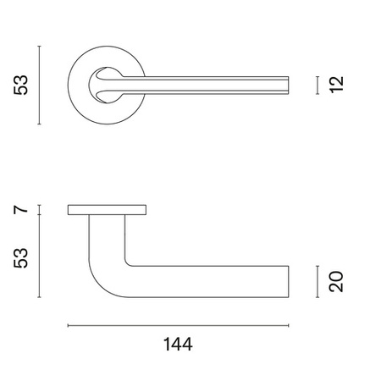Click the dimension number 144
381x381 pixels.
[x=178, y=344]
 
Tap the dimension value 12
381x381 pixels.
[x=337, y=85]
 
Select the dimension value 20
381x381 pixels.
[x=336, y=281]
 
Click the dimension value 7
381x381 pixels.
[x=21, y=209]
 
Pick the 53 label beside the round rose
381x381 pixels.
[x=21, y=85]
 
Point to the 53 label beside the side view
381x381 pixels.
[x=21, y=258]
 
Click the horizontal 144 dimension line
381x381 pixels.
[x=178, y=325]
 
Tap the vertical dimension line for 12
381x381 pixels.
[x=317, y=85]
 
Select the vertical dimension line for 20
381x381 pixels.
[x=317, y=282]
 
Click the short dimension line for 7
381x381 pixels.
[x=39, y=210]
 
